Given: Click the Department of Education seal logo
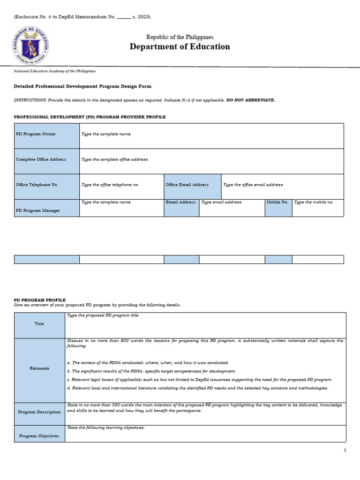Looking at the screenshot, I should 30,45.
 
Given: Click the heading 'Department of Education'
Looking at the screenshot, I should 180,46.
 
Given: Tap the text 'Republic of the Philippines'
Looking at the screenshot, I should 180,37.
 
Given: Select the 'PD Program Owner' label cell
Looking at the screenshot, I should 47,136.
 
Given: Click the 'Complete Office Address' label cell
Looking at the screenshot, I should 47,161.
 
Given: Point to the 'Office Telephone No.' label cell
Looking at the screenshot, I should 47,187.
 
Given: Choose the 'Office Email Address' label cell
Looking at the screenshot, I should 192,187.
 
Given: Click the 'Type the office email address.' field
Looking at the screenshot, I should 282,187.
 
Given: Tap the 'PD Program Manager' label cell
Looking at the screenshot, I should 47,208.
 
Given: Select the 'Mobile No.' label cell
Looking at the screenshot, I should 278,208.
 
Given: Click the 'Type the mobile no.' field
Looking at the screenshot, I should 317,208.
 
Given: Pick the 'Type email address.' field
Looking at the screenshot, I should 232,208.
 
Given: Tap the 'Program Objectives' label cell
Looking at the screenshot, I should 39,434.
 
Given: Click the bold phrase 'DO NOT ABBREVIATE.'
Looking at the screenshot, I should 251,100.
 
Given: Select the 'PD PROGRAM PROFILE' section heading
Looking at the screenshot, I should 40,300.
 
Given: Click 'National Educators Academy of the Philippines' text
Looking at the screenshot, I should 55,71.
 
